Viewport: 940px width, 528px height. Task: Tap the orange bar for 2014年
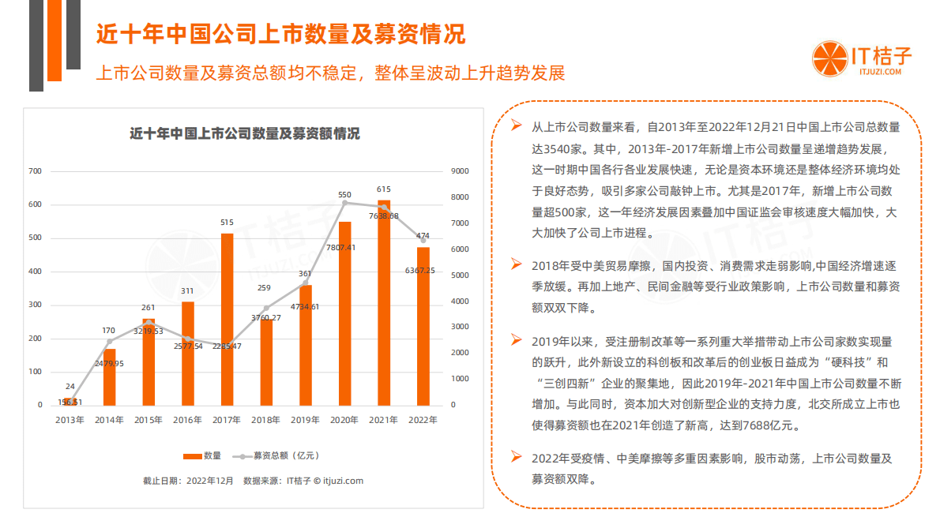(110, 376)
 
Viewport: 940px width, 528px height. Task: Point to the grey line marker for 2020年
(345, 203)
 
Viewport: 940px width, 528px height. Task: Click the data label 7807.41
(340, 247)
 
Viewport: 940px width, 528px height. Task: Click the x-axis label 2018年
(266, 420)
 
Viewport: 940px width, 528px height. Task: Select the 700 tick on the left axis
(35, 171)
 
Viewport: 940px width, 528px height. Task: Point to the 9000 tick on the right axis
(460, 171)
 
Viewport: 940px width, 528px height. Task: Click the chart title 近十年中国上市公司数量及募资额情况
(245, 133)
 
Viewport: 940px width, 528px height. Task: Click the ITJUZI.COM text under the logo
(880, 72)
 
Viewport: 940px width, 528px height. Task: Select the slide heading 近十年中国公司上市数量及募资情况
(280, 34)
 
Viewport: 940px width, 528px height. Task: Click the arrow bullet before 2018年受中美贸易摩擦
(516, 263)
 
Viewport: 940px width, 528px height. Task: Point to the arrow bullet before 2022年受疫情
(516, 456)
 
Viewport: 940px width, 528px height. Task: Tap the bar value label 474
(423, 235)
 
